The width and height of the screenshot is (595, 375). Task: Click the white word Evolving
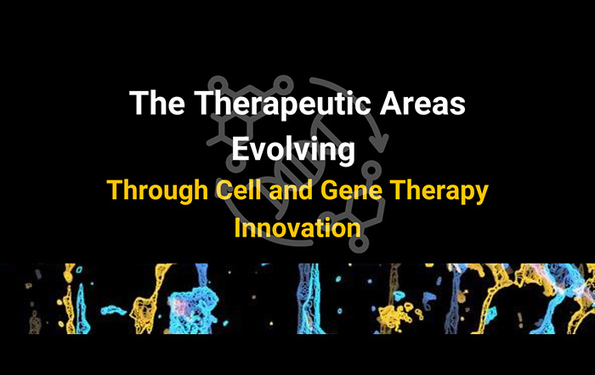point(294,150)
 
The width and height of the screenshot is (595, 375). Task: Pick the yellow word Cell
point(244,191)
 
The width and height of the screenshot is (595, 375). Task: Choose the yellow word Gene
point(352,191)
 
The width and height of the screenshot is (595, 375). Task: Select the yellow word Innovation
point(297,229)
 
